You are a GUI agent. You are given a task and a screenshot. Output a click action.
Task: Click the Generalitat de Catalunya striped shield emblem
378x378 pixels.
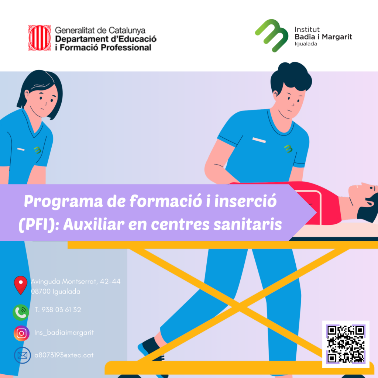39,38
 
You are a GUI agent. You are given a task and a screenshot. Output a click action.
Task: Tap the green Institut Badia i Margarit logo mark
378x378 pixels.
272,35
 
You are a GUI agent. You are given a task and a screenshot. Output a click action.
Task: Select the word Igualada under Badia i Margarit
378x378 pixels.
306,44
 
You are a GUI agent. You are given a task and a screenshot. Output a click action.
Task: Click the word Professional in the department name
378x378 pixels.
126,48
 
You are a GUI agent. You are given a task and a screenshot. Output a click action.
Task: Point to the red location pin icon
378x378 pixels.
21,285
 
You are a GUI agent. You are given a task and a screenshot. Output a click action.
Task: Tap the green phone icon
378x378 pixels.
21,312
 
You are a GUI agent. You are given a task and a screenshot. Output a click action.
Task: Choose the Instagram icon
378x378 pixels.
21,333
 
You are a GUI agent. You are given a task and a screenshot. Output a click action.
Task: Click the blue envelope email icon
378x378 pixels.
23,355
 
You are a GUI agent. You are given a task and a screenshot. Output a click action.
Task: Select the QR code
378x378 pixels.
346,344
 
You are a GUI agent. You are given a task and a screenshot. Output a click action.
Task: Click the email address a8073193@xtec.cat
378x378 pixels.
64,355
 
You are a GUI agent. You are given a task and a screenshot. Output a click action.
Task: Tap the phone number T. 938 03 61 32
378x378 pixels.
58,310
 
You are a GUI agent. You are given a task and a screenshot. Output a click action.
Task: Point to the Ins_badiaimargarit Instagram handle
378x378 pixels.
64,333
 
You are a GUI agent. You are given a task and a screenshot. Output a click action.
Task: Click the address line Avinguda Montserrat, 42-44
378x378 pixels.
76,281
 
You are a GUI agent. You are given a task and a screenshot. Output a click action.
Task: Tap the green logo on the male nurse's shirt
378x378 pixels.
288,149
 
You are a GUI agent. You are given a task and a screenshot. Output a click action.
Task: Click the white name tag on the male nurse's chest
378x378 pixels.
259,140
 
